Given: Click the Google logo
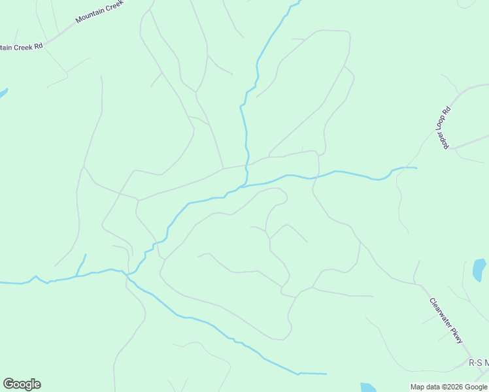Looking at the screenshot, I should pyautogui.click(x=22, y=384).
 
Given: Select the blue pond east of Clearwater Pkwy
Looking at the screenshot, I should pyautogui.click(x=479, y=269).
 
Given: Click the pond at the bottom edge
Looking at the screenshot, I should pyautogui.click(x=368, y=387).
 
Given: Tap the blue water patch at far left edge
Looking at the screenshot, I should pyautogui.click(x=3, y=93).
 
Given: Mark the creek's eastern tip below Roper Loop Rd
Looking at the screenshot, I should pyautogui.click(x=415, y=168).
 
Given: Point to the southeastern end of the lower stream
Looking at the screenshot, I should pyautogui.click(x=325, y=374).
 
